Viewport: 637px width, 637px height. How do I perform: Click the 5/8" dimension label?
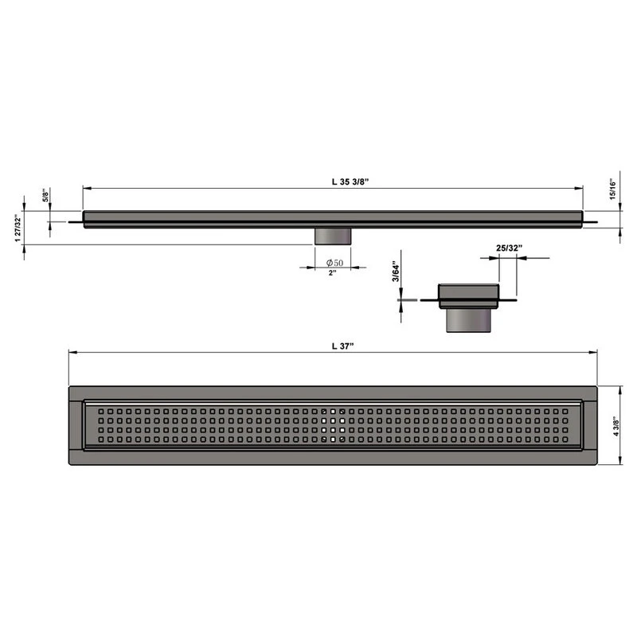45,196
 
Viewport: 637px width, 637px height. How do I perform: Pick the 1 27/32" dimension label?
18,229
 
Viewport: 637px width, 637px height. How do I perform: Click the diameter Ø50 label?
334,263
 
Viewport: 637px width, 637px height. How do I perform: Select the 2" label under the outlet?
332,273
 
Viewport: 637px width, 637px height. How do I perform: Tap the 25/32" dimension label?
509,248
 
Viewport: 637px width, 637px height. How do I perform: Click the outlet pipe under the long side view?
333,236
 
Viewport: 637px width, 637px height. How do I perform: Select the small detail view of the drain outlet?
469,307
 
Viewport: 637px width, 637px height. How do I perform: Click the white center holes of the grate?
333,425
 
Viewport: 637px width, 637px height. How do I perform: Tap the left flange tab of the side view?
76,221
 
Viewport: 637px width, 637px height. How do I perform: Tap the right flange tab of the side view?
591,221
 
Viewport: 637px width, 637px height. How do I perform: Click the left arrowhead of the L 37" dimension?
72,352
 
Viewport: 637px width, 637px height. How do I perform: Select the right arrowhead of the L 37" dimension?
595,352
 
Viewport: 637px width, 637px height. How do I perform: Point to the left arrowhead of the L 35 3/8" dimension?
87,189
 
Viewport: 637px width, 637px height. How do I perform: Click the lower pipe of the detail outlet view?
467,322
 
